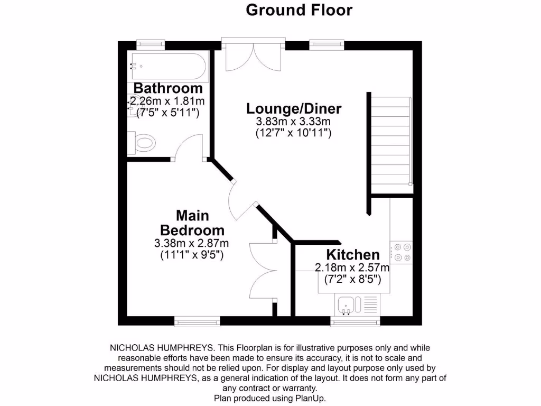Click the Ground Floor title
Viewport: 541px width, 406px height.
(299, 10)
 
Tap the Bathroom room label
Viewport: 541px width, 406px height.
(167, 88)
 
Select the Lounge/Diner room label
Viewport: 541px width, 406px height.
(294, 109)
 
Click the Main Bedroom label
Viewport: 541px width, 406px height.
(192, 223)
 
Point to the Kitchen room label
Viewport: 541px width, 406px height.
(352, 255)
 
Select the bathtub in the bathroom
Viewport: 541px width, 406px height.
(169, 66)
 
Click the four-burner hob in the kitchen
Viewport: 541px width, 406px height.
(402, 252)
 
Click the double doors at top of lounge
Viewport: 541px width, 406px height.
(254, 56)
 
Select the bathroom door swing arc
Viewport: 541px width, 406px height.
(189, 146)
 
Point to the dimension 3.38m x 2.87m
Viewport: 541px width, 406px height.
(191, 243)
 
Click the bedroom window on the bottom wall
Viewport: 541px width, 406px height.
(197, 321)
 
